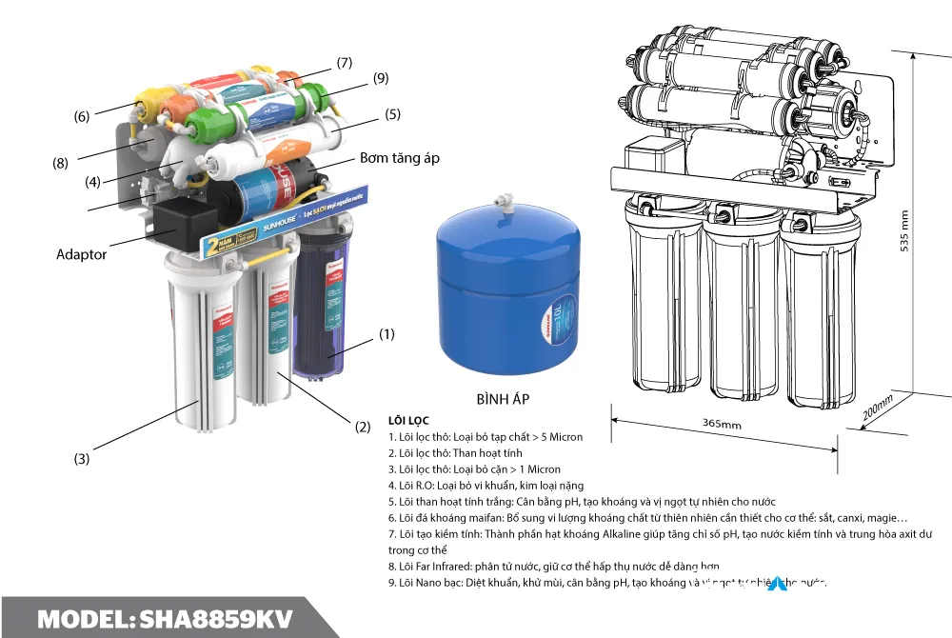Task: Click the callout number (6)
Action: tap(82, 116)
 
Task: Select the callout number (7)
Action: tap(344, 64)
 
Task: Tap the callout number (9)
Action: tap(381, 78)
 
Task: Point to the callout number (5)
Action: tap(393, 115)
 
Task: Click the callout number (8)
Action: tap(60, 163)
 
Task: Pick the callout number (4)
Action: tap(91, 182)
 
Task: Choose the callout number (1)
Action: tap(386, 334)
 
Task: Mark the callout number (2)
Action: tap(363, 428)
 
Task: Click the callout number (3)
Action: tap(82, 459)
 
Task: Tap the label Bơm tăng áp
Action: tap(399, 158)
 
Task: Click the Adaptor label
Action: tap(82, 254)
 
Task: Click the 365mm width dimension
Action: tap(722, 424)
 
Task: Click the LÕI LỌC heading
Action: tap(408, 420)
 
